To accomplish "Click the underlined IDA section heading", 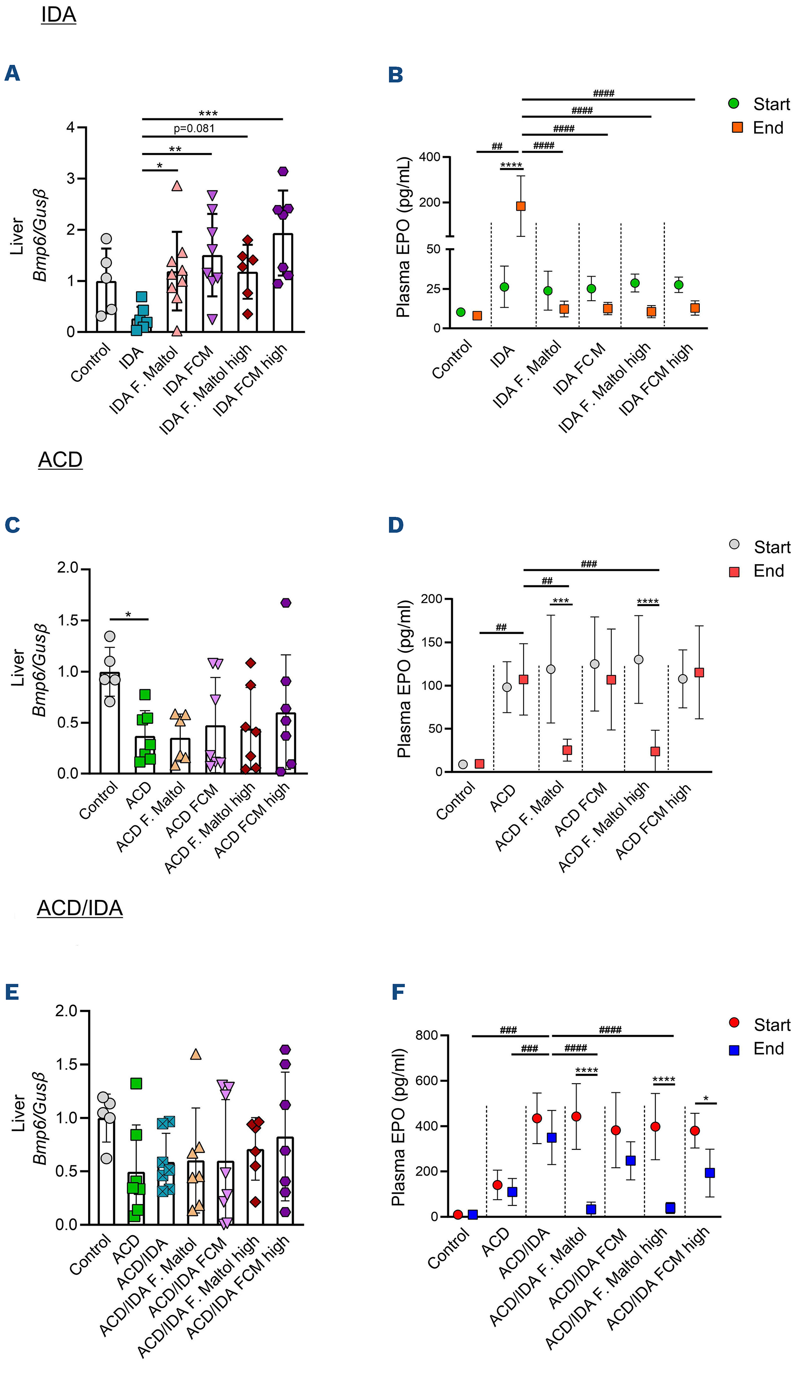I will click(x=58, y=15).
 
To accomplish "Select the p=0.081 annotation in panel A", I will click(x=194, y=128).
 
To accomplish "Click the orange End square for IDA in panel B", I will click(x=521, y=206).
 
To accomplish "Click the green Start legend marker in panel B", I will click(x=734, y=103).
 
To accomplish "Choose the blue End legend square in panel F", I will click(x=734, y=1049).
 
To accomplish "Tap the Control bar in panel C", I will click(x=109, y=723).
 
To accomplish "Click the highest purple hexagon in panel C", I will click(x=286, y=603).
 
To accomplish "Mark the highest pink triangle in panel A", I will click(x=176, y=186).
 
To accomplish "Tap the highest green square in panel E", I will click(x=136, y=1083).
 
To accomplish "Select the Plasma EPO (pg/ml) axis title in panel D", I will click(x=404, y=679).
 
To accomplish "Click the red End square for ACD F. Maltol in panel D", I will click(x=567, y=750).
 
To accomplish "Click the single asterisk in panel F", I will click(x=705, y=1099).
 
